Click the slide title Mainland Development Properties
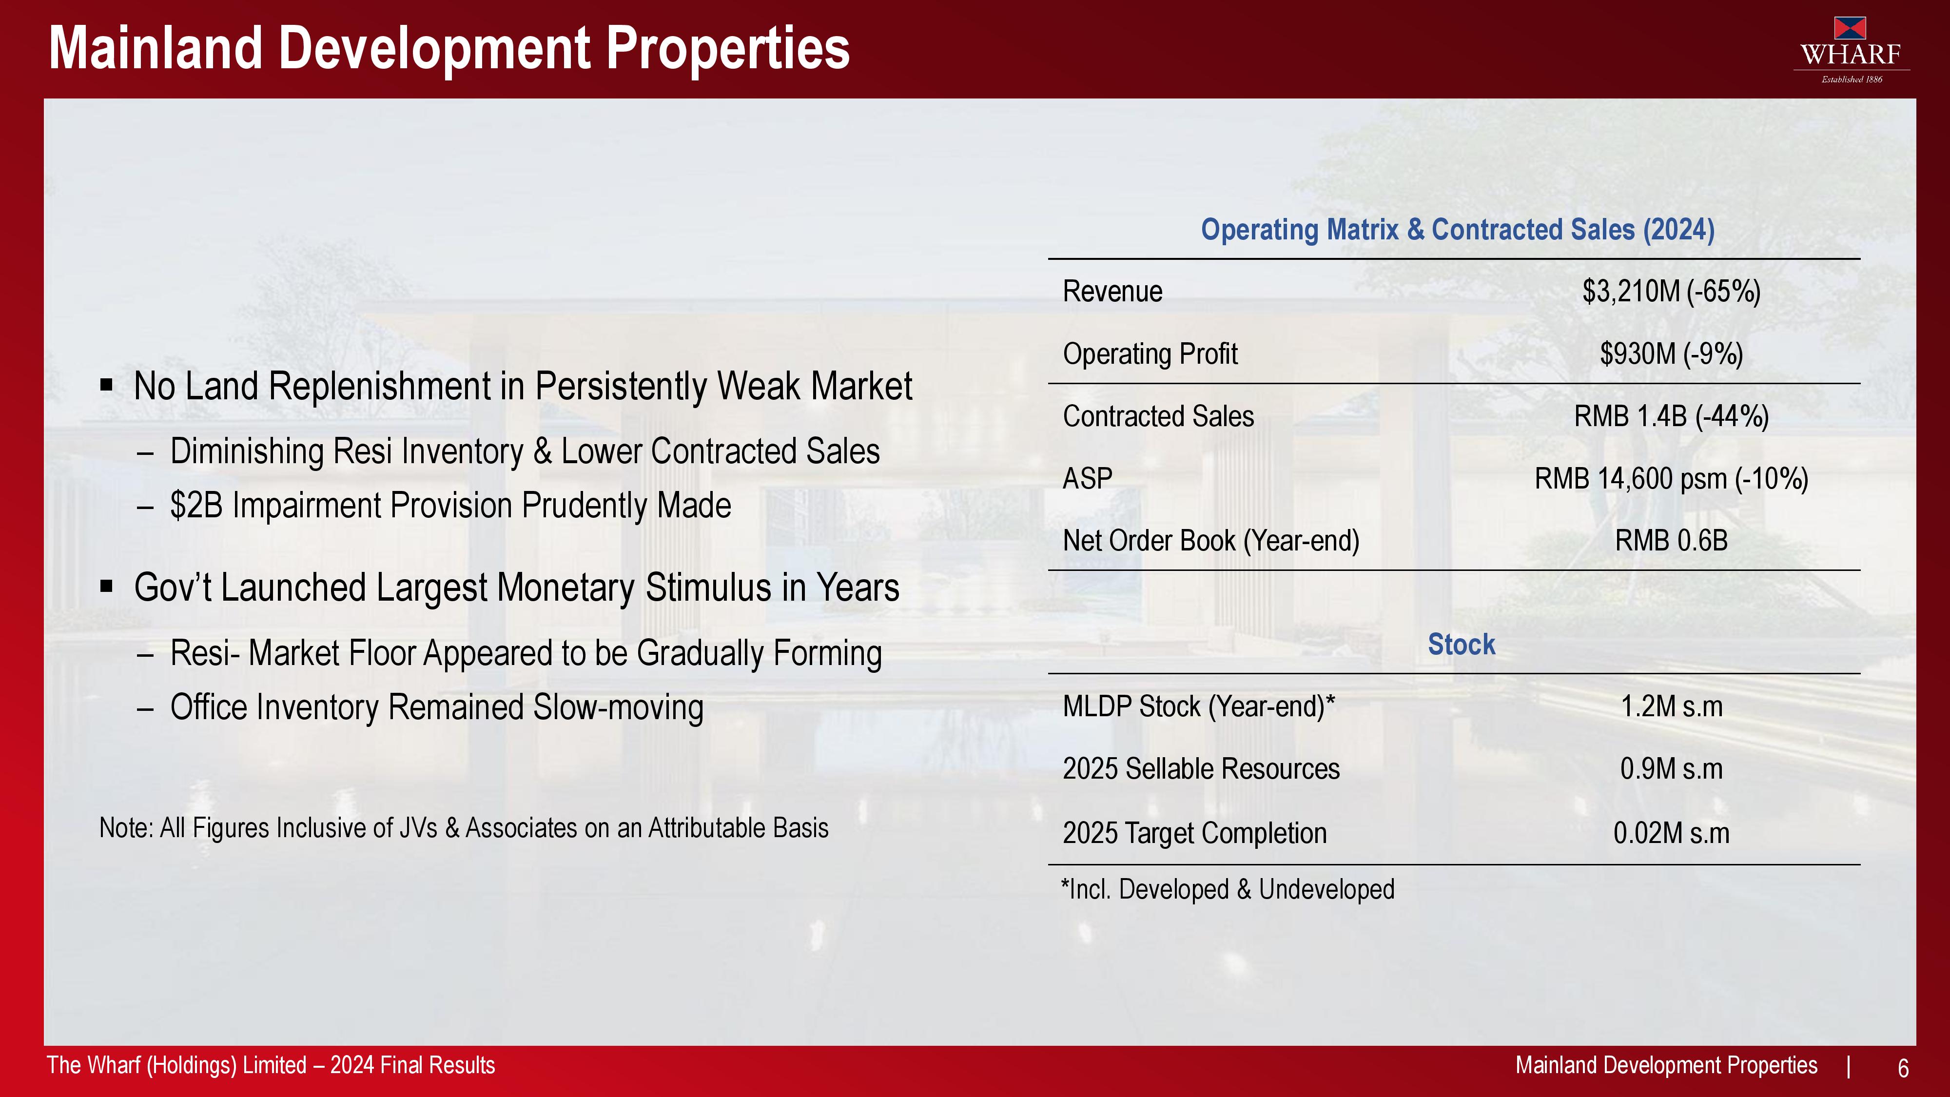tap(449, 48)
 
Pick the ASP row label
tap(1088, 478)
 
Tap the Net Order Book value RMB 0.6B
tap(1672, 541)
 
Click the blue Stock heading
tap(1462, 644)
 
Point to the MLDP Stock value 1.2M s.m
tap(1672, 707)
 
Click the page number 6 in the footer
tap(1903, 1068)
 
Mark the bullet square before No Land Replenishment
tap(107, 385)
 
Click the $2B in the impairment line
tap(197, 506)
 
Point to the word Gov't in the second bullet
tap(174, 588)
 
